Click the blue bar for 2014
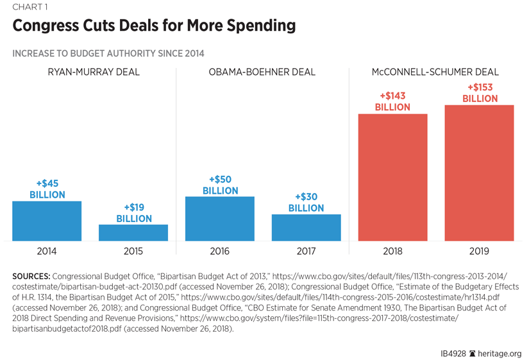(x=47, y=221)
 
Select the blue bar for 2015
(x=133, y=232)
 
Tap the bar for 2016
(x=220, y=218)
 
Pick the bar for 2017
(x=306, y=227)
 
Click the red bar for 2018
(x=392, y=177)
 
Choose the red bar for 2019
(x=479, y=173)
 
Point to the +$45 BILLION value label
(x=47, y=189)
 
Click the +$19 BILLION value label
(x=133, y=213)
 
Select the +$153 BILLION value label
(x=480, y=93)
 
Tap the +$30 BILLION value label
(x=306, y=202)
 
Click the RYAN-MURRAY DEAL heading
(x=94, y=72)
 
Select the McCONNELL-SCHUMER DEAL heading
(x=435, y=72)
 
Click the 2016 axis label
(x=220, y=252)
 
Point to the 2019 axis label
(x=479, y=252)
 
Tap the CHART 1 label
(x=29, y=8)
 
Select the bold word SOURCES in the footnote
(x=31, y=276)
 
